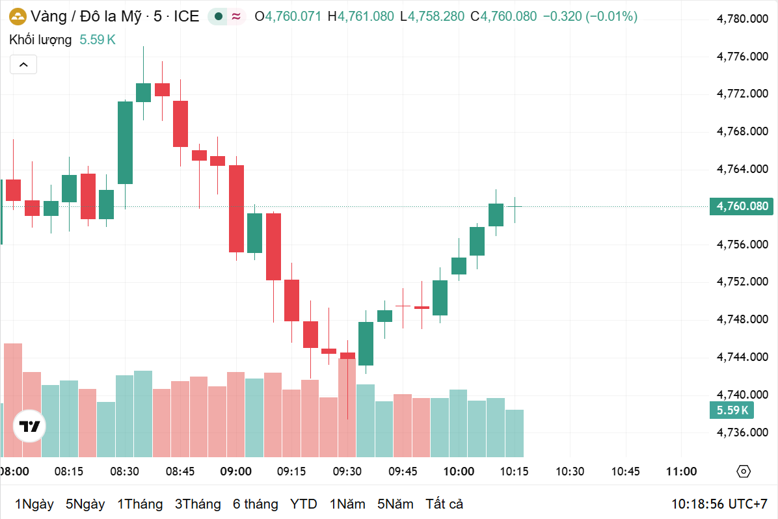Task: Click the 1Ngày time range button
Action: (34, 504)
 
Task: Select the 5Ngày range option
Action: (85, 504)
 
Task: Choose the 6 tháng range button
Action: (255, 504)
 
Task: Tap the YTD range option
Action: (303, 504)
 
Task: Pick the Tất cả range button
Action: (444, 504)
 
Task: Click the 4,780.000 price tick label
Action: (742, 19)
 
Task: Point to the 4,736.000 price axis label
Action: (742, 432)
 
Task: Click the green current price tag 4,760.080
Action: (742, 207)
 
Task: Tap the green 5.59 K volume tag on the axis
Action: (732, 410)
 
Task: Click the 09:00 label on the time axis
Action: (235, 472)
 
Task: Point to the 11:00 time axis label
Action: (681, 472)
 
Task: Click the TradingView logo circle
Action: (29, 427)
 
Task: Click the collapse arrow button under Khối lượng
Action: (23, 64)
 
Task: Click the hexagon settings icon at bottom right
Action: (744, 472)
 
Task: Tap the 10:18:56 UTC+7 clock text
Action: (719, 504)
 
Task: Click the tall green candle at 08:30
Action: (125, 142)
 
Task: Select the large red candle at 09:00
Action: (236, 208)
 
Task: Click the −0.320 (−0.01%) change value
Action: (590, 16)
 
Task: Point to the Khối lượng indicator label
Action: (40, 40)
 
